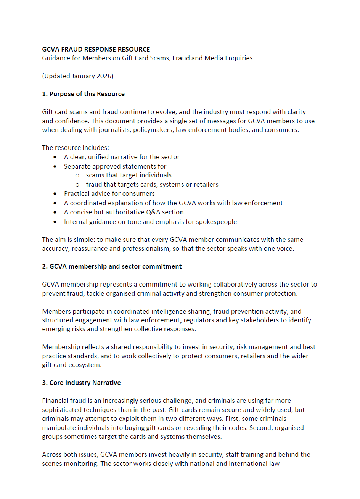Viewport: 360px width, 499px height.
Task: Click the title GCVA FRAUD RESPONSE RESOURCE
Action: click(96, 49)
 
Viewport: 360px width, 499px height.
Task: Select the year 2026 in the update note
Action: click(104, 76)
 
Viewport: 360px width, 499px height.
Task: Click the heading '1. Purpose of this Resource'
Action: click(83, 94)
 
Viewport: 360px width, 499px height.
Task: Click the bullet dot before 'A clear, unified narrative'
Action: click(55, 157)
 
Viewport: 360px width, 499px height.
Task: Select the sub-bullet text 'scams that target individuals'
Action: click(129, 175)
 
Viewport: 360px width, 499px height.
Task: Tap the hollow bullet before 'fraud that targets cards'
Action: click(77, 185)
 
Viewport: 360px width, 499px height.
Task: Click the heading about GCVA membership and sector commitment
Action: click(112, 266)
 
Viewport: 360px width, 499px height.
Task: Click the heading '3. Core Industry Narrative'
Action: click(81, 383)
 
